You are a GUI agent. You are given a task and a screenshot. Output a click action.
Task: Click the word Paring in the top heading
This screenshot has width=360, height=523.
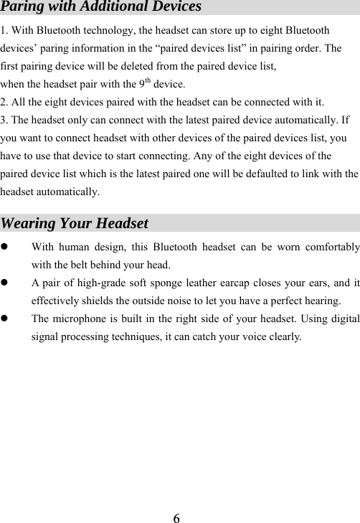click(x=23, y=7)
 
